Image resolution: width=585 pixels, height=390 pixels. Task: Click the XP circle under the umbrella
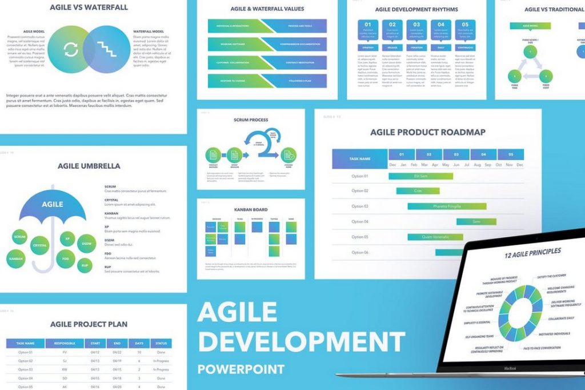(x=67, y=238)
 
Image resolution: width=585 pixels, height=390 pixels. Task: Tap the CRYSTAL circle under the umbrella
(x=39, y=245)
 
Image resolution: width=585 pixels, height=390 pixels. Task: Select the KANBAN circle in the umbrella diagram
(x=15, y=259)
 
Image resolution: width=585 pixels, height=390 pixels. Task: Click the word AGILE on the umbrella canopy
(x=52, y=204)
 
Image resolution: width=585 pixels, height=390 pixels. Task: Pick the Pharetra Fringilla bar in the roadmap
(x=447, y=206)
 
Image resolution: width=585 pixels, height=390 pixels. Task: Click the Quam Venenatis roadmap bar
(x=435, y=237)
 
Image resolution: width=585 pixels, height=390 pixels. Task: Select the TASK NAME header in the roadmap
(x=360, y=159)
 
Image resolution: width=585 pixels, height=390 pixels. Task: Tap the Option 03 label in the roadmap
(x=360, y=206)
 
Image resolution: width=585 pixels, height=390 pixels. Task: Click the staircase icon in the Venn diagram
(x=106, y=49)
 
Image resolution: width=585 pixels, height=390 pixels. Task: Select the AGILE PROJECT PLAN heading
(x=89, y=324)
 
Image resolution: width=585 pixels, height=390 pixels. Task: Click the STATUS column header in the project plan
(x=161, y=344)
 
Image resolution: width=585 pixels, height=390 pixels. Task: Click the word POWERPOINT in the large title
(x=241, y=369)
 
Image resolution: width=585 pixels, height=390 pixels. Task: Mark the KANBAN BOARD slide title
(x=251, y=210)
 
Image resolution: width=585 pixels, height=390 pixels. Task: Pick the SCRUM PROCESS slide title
(x=251, y=120)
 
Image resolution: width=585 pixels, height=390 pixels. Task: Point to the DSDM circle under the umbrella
(x=86, y=244)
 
